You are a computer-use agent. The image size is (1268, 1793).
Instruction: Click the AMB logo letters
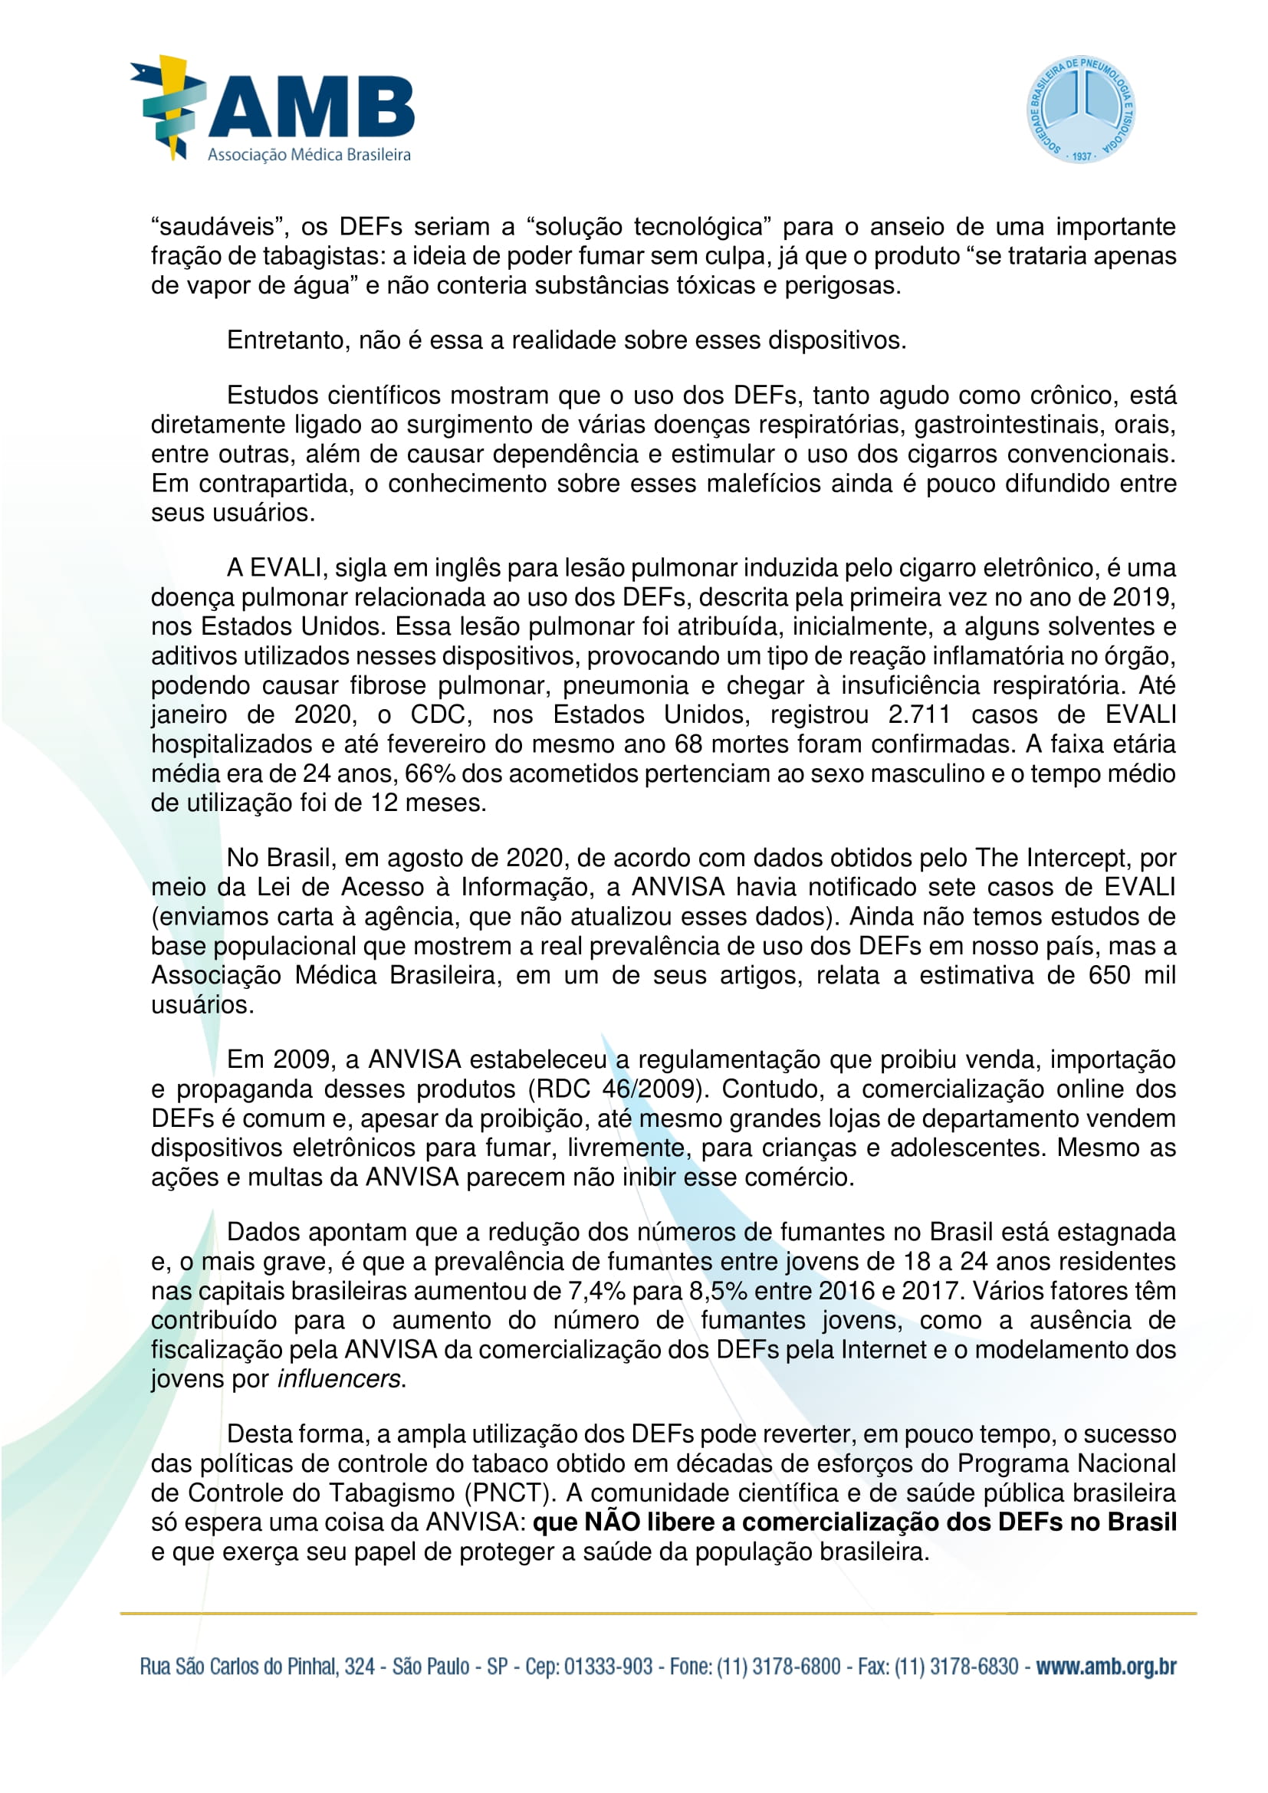click(x=310, y=107)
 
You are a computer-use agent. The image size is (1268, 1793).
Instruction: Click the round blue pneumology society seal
click(x=1081, y=110)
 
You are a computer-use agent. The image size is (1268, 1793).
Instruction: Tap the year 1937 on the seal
click(x=1082, y=156)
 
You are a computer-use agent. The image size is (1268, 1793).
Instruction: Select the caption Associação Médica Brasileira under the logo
click(x=309, y=155)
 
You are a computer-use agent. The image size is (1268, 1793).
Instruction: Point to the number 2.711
click(x=919, y=714)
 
